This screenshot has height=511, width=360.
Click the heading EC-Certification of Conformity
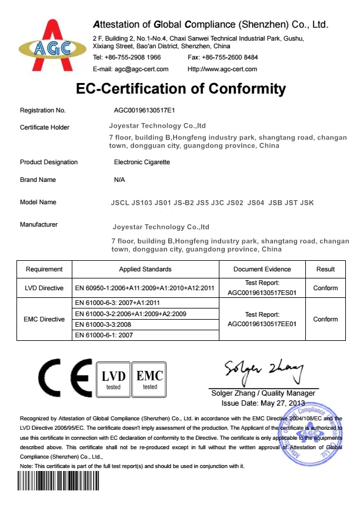point(181,89)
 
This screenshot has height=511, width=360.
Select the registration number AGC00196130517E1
point(145,110)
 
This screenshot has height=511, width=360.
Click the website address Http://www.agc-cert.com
point(222,69)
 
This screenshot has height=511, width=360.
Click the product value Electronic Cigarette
point(142,162)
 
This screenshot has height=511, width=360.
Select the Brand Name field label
point(38,180)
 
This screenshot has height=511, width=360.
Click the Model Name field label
point(38,202)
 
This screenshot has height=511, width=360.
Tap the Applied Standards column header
point(145,269)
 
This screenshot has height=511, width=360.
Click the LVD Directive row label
point(44,288)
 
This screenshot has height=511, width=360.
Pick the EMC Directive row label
point(44,319)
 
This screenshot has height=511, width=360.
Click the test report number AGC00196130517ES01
point(262,291)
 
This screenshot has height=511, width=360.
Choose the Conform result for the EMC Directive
point(325,319)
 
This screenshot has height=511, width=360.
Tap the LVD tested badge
point(113,380)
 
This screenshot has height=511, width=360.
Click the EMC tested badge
point(150,380)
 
